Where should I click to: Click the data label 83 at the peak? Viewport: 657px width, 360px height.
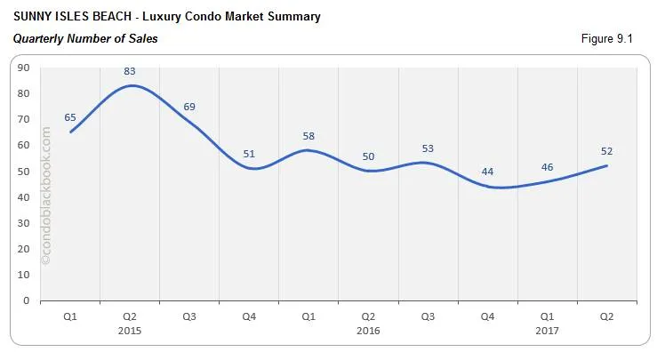pos(130,71)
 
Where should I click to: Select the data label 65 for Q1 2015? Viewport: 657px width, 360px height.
pos(70,117)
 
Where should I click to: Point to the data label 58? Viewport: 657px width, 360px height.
pos(308,136)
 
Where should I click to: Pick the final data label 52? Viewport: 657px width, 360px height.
pos(606,151)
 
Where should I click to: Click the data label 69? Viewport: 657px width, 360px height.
pos(188,107)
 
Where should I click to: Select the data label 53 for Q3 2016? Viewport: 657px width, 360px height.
pos(428,148)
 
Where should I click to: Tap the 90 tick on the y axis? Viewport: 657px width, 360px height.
pos(23,68)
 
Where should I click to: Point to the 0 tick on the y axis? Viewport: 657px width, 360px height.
pos(27,300)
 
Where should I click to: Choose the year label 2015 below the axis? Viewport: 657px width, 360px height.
pos(130,330)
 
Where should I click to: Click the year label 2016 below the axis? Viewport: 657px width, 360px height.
pos(368,330)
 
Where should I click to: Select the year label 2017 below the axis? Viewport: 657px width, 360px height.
pos(547,330)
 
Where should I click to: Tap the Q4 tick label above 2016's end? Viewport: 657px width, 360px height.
pos(487,316)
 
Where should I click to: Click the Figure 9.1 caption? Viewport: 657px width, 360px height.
pos(610,39)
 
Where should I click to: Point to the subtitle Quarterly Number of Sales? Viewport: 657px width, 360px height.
pos(85,39)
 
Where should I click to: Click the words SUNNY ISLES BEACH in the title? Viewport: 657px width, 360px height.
pos(68,17)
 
